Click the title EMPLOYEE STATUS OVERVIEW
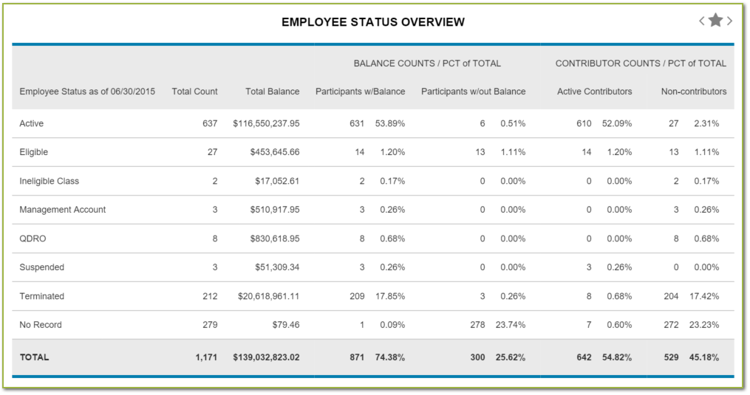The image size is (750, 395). [373, 22]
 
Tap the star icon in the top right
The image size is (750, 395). [715, 21]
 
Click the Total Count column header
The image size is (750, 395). [194, 92]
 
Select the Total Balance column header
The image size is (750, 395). [273, 92]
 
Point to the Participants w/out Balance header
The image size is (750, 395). [473, 92]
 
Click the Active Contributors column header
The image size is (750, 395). [594, 92]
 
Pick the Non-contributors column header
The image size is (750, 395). [693, 92]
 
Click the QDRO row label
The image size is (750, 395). [33, 238]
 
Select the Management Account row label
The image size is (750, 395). [63, 210]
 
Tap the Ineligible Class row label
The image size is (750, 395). [49, 181]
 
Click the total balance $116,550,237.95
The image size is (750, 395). [266, 123]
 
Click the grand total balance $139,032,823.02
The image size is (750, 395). [266, 357]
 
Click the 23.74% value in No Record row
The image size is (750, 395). [509, 325]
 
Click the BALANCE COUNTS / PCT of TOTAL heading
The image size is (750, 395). [427, 63]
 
